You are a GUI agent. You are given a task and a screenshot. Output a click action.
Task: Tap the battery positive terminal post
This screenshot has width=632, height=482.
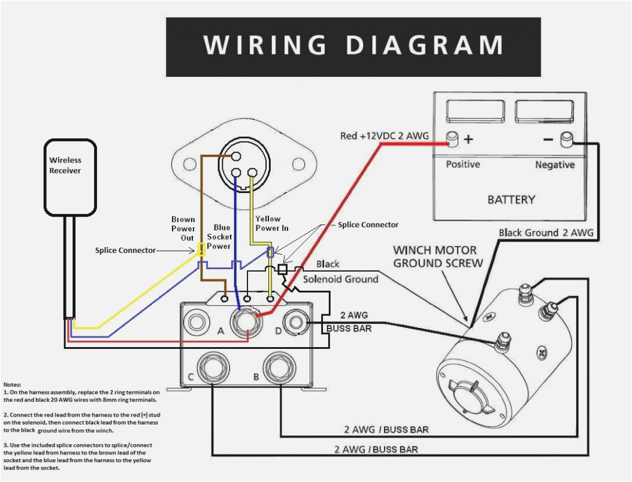(x=453, y=140)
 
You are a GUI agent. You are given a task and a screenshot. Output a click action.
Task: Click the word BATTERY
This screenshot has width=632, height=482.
(x=510, y=200)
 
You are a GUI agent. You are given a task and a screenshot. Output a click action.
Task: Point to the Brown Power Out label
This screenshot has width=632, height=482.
(x=183, y=228)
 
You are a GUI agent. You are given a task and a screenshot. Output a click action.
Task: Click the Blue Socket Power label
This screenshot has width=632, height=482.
(x=220, y=237)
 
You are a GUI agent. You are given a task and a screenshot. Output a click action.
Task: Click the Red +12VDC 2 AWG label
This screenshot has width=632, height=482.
(x=384, y=136)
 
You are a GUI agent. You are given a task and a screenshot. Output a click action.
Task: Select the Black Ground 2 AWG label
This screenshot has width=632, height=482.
(x=546, y=233)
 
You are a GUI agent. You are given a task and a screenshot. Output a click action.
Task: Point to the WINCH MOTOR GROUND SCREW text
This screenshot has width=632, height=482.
(x=437, y=257)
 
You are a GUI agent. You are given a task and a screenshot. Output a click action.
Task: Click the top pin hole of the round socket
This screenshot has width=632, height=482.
(x=237, y=156)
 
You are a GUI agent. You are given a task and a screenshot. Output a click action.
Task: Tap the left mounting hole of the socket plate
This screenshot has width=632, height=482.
(x=190, y=162)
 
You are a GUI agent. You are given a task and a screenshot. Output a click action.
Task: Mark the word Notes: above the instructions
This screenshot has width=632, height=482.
(x=12, y=384)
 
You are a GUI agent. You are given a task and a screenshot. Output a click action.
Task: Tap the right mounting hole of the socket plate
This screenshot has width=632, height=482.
(x=298, y=162)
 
